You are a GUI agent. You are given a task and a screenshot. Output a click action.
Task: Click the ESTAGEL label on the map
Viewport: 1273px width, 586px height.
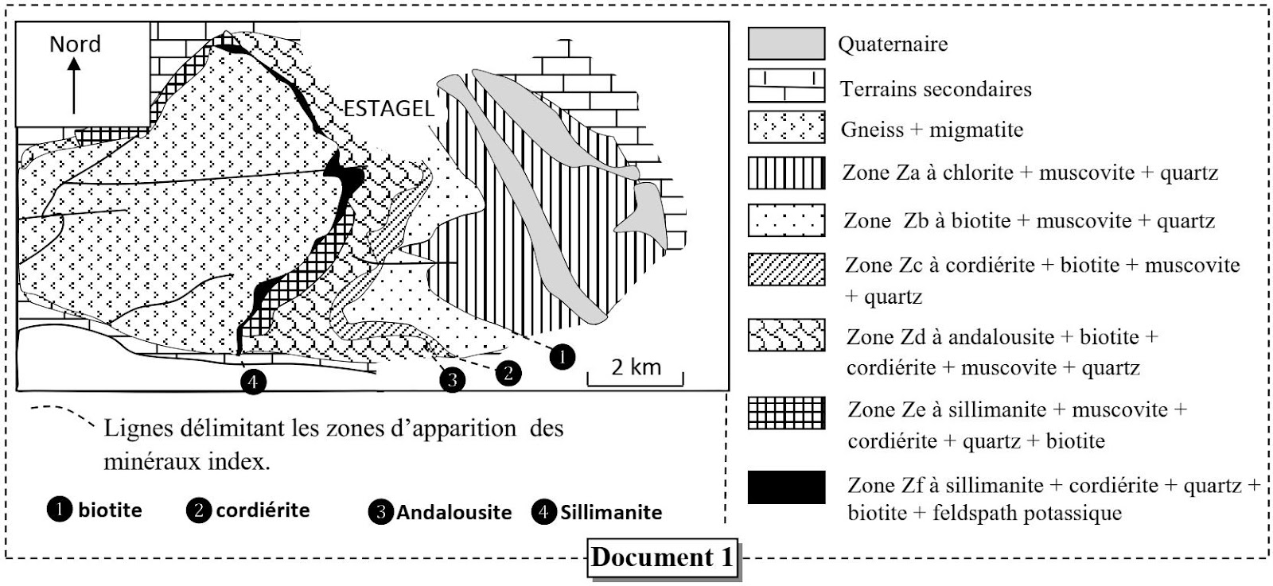click(x=389, y=109)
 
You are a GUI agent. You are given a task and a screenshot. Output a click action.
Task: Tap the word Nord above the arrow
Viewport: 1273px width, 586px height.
click(x=75, y=44)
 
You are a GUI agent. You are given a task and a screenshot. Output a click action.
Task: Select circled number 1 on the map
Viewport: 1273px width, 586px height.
click(x=563, y=357)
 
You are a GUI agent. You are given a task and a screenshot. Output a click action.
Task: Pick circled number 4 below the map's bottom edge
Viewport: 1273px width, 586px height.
click(x=253, y=382)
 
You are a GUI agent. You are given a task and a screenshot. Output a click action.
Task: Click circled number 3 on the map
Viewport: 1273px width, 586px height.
click(x=452, y=379)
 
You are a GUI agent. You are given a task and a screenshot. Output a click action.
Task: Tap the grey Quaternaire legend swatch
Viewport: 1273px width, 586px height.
click(x=785, y=43)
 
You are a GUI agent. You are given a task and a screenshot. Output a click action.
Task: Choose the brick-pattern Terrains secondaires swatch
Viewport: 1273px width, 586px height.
click(x=785, y=86)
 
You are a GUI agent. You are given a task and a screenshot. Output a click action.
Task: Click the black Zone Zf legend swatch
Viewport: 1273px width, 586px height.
click(x=785, y=487)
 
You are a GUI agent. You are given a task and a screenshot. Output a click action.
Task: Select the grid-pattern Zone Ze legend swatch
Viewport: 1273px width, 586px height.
click(x=785, y=412)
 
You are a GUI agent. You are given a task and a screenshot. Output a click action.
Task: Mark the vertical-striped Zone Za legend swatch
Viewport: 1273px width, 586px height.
click(x=785, y=173)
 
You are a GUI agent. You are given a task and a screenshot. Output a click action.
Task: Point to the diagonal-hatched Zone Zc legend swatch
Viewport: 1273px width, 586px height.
click(x=785, y=269)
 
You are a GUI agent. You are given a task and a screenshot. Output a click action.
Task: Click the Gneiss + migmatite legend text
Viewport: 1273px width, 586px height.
click(x=932, y=130)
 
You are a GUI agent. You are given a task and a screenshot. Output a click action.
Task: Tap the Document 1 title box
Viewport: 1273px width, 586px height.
click(x=661, y=557)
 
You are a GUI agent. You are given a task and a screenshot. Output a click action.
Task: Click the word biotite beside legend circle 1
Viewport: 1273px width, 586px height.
click(x=110, y=510)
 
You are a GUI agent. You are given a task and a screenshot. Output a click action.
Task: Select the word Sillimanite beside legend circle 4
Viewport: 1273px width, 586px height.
click(x=610, y=512)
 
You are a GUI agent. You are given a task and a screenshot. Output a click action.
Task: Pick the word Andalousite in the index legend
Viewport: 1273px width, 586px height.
click(x=454, y=512)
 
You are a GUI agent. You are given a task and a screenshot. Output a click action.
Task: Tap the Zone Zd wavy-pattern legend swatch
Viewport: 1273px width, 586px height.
click(x=785, y=335)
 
